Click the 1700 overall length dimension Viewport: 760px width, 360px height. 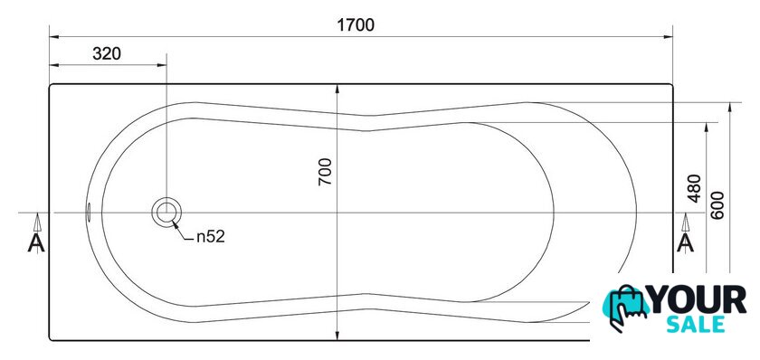coord(356,25)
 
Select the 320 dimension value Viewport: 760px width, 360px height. coord(107,53)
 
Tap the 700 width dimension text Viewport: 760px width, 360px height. coord(325,172)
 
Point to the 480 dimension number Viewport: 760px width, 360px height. coord(695,188)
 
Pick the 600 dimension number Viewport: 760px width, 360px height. coord(717,205)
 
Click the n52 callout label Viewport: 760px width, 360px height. coord(211,237)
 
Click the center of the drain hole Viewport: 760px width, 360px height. coord(166,213)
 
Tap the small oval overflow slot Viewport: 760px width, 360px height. coord(89,213)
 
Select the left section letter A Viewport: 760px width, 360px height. coord(36,242)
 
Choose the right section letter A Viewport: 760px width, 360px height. coord(685,242)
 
